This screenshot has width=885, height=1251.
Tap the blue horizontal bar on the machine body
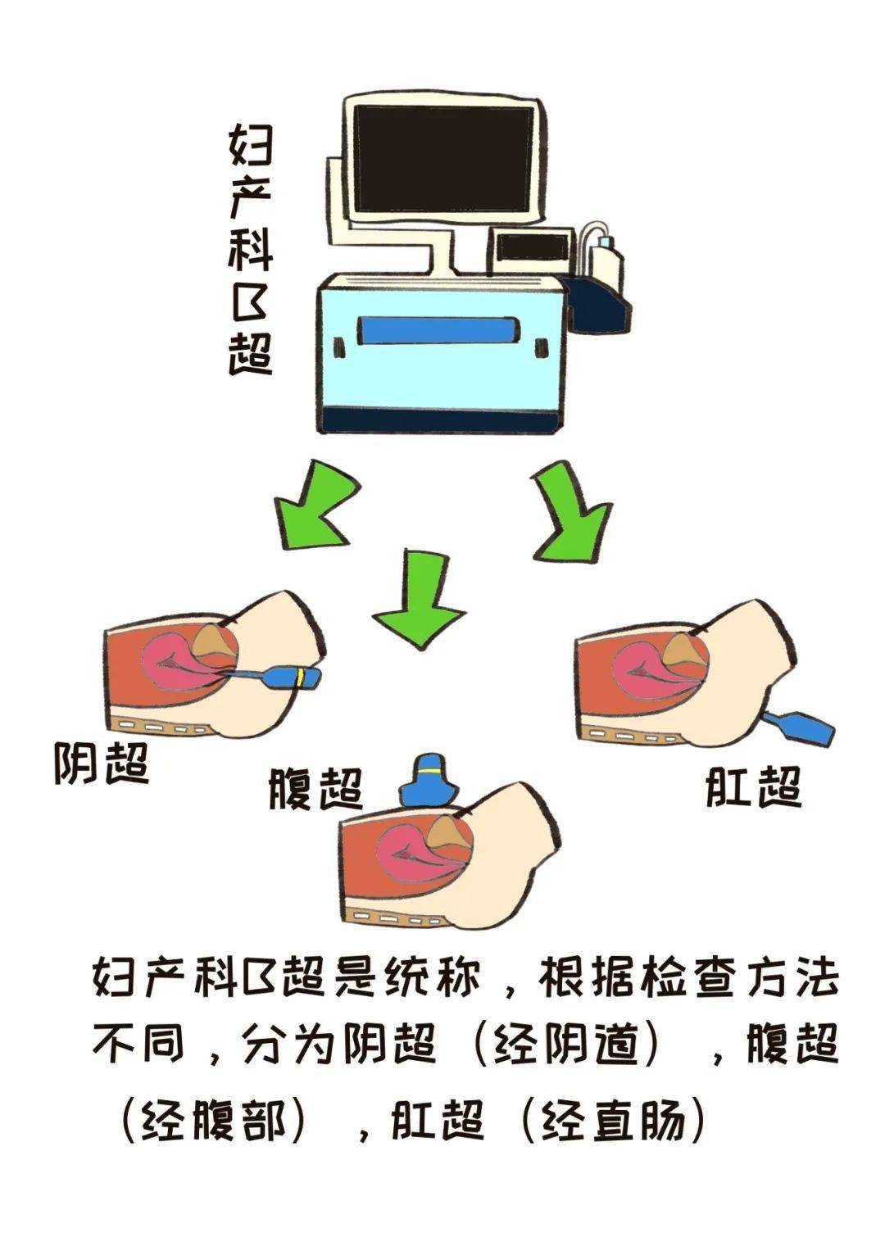[x=438, y=331]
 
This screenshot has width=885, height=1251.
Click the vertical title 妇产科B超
[x=249, y=249]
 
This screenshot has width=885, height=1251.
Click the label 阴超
[x=102, y=764]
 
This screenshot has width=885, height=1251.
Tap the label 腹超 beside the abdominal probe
[x=315, y=790]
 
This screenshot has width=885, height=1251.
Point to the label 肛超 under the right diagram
[x=752, y=788]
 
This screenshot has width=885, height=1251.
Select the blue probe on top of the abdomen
[x=429, y=783]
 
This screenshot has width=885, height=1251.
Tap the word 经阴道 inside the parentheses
[x=565, y=1046]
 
